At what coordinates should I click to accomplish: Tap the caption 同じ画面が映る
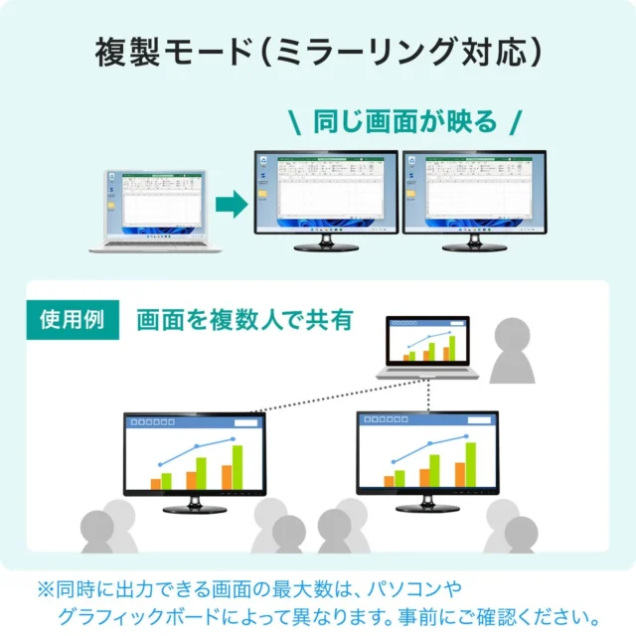click(404, 122)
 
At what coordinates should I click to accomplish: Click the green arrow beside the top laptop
click(231, 206)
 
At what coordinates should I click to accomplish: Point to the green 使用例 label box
click(73, 320)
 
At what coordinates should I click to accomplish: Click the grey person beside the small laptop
click(518, 353)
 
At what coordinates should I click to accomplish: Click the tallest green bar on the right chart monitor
click(470, 464)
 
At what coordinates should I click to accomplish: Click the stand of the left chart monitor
click(194, 504)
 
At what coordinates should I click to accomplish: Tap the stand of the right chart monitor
click(427, 504)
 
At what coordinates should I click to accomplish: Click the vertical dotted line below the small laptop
click(428, 396)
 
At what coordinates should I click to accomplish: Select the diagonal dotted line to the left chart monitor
click(328, 397)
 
